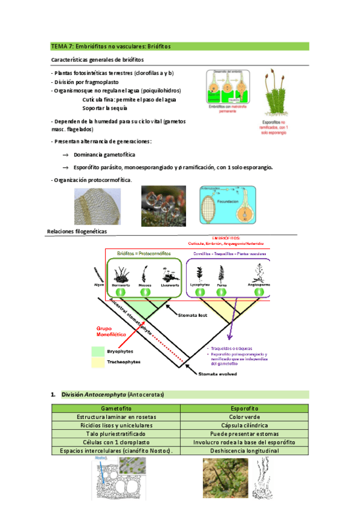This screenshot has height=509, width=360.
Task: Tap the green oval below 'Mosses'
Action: pyautogui.click(x=144, y=291)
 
